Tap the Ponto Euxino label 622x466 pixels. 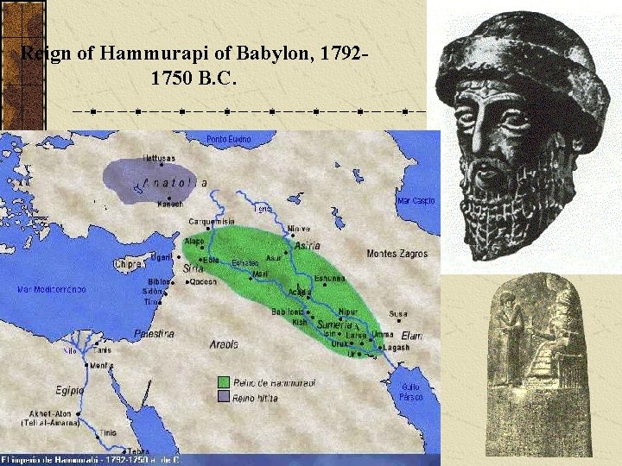tap(228, 139)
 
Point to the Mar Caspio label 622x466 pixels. tap(416, 201)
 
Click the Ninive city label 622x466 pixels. tap(298, 229)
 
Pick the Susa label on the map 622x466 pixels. tap(398, 314)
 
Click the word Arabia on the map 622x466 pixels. tap(223, 344)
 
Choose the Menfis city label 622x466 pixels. tap(101, 366)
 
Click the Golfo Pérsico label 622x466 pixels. tap(411, 393)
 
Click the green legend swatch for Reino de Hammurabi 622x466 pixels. tap(224, 381)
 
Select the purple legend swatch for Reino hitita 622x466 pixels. tap(224, 395)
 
